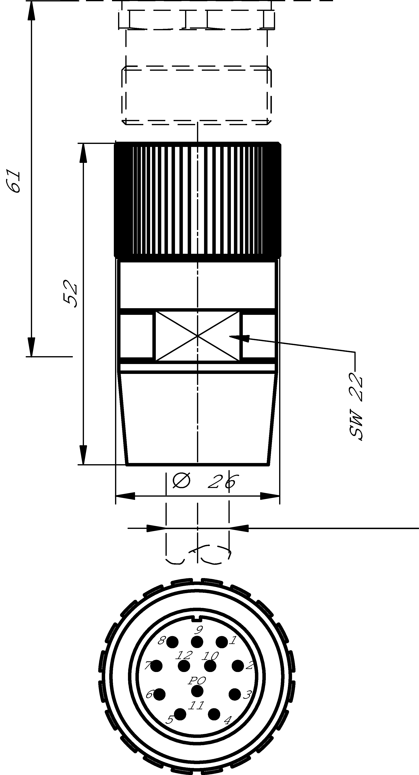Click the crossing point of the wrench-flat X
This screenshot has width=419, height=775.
coord(198,336)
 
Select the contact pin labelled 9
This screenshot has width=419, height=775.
coord(197,642)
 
